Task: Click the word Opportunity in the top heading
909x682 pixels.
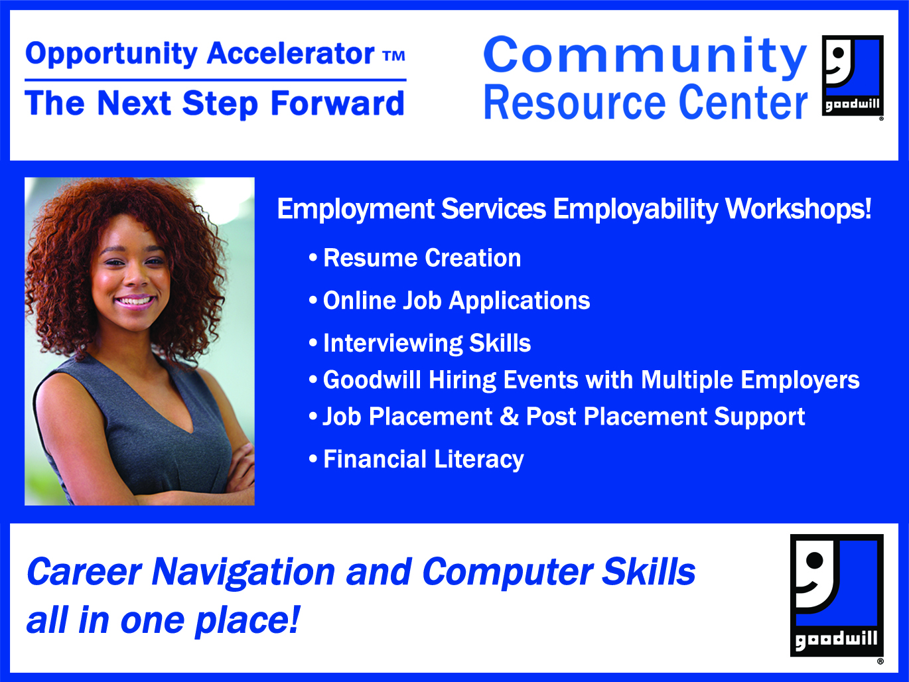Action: tap(111, 54)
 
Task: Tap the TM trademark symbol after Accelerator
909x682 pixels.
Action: tap(394, 56)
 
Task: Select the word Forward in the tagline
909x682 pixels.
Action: tap(338, 103)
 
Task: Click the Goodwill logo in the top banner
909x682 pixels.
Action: tap(852, 76)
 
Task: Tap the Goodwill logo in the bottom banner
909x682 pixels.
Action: tap(837, 595)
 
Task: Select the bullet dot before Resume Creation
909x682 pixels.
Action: tap(313, 257)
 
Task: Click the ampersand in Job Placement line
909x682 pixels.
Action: tap(509, 416)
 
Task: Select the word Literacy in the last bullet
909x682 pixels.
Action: tap(479, 460)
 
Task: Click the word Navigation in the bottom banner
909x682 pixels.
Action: tap(244, 573)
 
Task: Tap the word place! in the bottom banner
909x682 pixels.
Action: tap(247, 622)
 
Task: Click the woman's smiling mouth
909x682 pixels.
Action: tap(135, 301)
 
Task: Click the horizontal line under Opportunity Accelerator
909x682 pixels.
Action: tap(216, 80)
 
